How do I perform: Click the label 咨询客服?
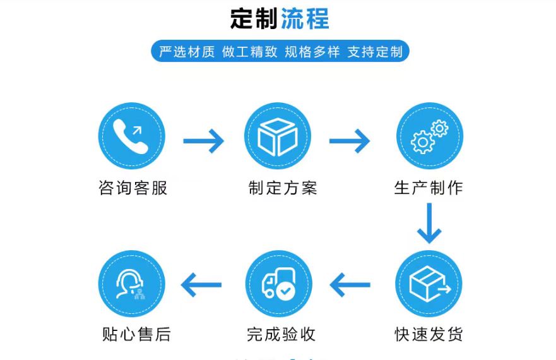[133, 188]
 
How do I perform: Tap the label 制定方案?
[282, 188]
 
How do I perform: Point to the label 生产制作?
[429, 188]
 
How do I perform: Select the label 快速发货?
[429, 333]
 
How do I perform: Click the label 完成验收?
[281, 333]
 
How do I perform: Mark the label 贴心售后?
[136, 333]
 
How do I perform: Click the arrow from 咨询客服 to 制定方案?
[203, 140]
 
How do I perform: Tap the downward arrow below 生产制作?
[429, 224]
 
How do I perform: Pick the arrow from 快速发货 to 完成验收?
[350, 285]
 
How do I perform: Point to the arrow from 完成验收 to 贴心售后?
[201, 285]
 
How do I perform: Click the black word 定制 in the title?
[254, 18]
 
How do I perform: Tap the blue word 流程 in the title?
[305, 18]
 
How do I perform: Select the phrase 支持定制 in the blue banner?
[375, 52]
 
